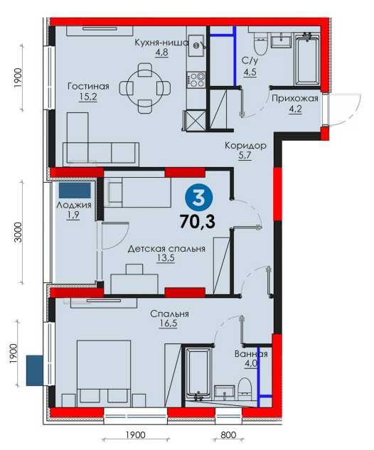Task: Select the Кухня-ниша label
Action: (161, 42)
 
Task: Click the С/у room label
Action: (250, 62)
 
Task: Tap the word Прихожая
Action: (294, 99)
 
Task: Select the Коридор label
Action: (245, 145)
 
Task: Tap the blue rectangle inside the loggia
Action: (75, 191)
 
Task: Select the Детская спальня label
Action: (166, 249)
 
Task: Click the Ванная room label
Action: (251, 354)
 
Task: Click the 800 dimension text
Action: (227, 435)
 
